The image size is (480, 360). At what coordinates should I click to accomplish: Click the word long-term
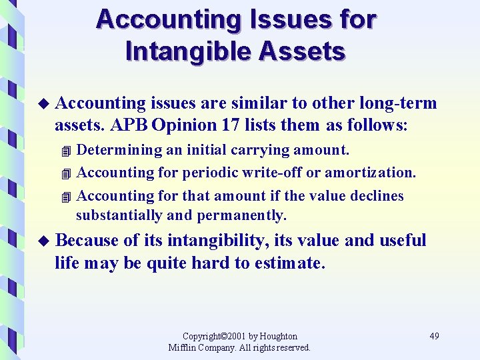(398, 103)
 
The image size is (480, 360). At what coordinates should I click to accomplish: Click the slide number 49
(434, 336)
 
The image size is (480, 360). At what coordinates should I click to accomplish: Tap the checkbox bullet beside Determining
(64, 151)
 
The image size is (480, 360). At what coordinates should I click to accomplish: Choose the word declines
(379, 195)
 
